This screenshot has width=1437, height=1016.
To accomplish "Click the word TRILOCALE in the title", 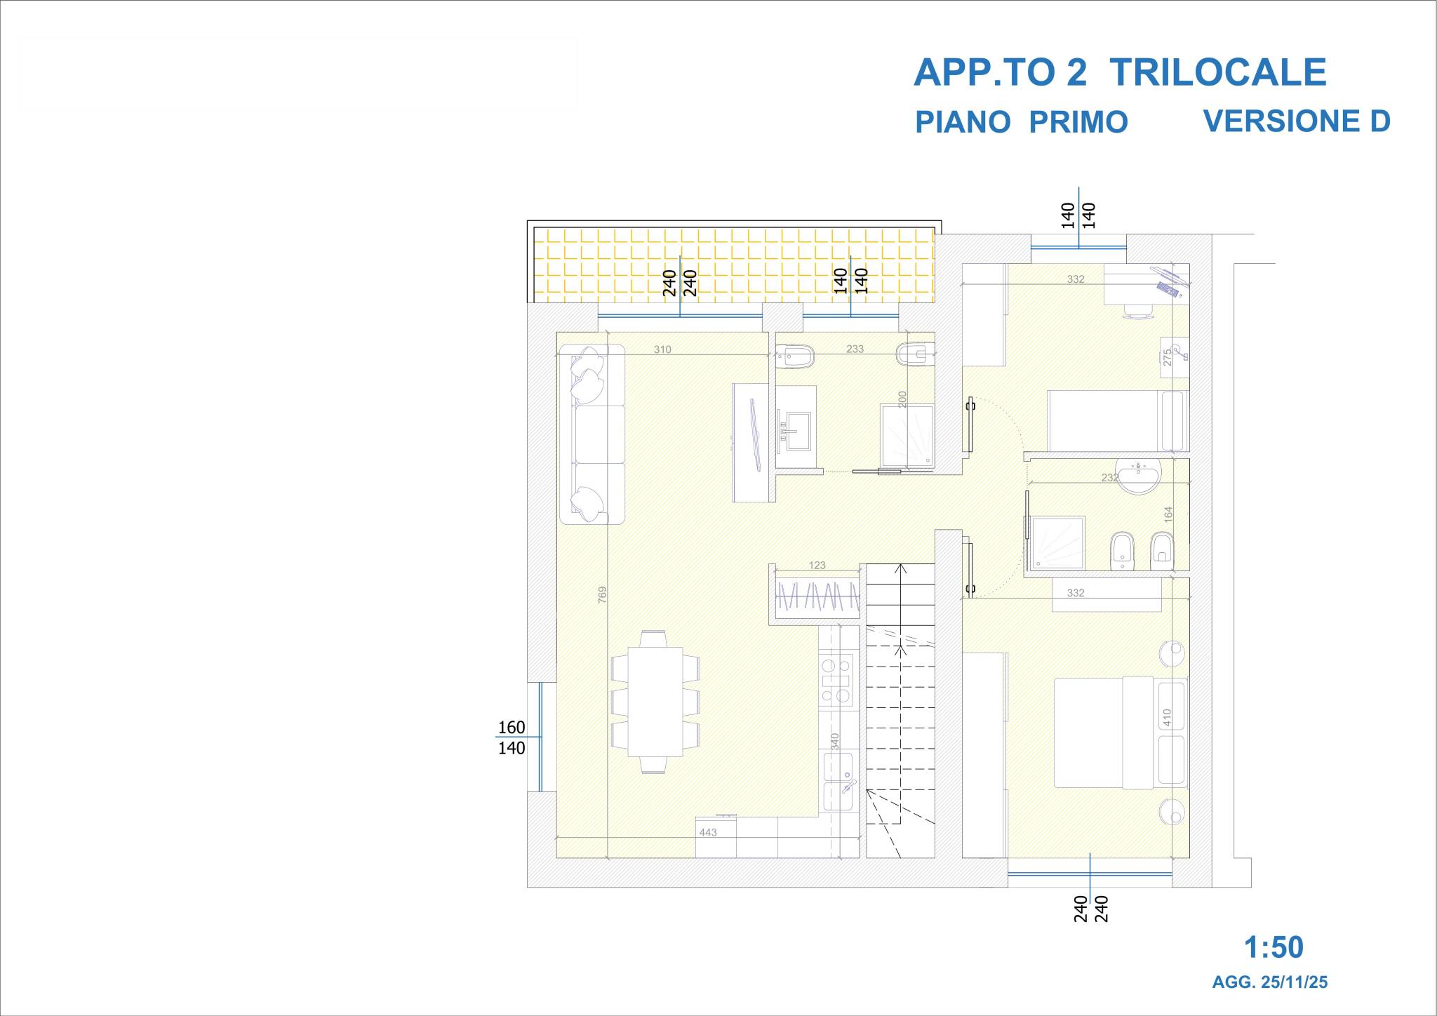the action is [1219, 72].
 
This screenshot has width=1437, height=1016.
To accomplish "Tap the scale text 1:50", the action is [1274, 947].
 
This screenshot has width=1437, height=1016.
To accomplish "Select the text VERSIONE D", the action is [1297, 121].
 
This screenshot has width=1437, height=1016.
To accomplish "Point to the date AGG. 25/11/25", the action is [1270, 982].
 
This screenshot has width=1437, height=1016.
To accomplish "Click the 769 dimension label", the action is [602, 594].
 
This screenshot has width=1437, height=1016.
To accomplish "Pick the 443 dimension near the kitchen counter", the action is [708, 832].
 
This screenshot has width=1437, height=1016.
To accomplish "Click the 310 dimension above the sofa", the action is [662, 349].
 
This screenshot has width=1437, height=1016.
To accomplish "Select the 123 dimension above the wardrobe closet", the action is [817, 565].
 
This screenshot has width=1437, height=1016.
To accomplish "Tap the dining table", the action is [655, 702].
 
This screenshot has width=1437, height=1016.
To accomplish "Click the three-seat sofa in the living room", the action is [592, 434].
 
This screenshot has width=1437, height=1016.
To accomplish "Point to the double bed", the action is [1121, 733].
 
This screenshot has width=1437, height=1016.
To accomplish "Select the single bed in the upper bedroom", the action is [1117, 420].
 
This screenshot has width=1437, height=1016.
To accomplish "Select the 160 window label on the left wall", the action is [512, 728].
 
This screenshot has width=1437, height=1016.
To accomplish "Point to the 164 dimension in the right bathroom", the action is [1168, 514].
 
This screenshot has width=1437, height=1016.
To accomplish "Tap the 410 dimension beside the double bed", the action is [1167, 717].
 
